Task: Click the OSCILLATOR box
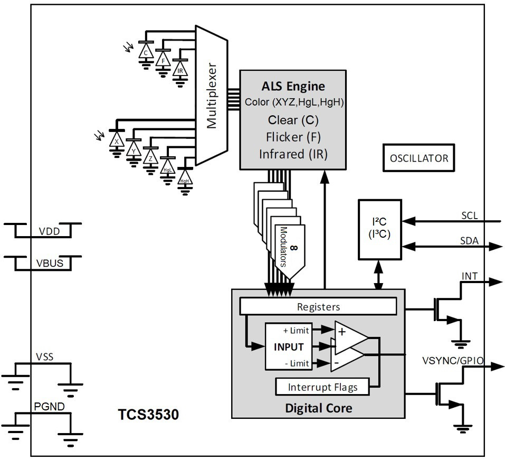click(418, 158)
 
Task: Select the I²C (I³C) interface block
click(379, 229)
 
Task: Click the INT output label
click(470, 276)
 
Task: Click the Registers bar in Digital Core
click(318, 306)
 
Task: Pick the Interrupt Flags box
click(322, 387)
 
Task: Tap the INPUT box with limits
click(289, 347)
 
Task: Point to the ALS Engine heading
click(293, 86)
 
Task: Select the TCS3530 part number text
click(148, 415)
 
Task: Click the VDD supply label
click(49, 231)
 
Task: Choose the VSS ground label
click(45, 357)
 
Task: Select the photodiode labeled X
click(116, 142)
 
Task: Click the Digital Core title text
click(318, 408)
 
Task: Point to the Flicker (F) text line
click(293, 137)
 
